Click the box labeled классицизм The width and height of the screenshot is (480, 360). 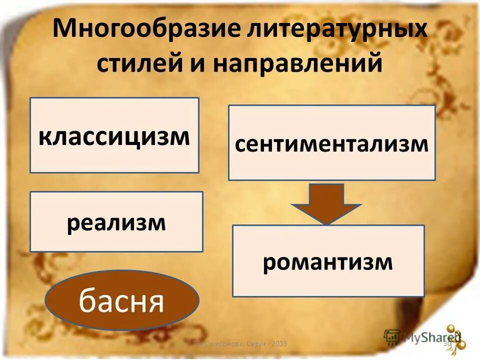114,135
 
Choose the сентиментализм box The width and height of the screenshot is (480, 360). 331,143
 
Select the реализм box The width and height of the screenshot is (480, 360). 116,221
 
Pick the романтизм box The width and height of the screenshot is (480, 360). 328,261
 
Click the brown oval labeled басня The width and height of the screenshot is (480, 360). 122,300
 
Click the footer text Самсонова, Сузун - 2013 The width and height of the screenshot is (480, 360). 240,344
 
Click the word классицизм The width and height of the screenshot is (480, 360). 114,136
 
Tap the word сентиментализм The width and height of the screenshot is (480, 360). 331,144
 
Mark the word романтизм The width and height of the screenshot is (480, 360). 328,262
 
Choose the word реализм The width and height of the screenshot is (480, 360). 116,222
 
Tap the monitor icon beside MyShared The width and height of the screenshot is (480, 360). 392,336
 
